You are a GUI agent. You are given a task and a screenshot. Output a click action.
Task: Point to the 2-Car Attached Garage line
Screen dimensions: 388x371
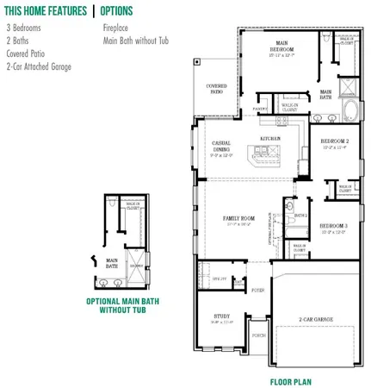point(39,66)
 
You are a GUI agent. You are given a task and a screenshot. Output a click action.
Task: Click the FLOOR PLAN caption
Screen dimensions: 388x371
point(290,381)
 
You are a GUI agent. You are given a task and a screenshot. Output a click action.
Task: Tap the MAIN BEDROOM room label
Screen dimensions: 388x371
point(281,46)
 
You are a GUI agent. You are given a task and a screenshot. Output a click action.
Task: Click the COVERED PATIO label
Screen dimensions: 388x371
point(216,89)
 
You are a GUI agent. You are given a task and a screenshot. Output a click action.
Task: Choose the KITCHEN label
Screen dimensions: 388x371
point(271,137)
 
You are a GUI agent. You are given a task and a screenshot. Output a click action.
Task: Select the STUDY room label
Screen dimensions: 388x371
point(221,316)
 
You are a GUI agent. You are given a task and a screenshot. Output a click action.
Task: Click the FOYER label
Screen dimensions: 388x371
point(257,291)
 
